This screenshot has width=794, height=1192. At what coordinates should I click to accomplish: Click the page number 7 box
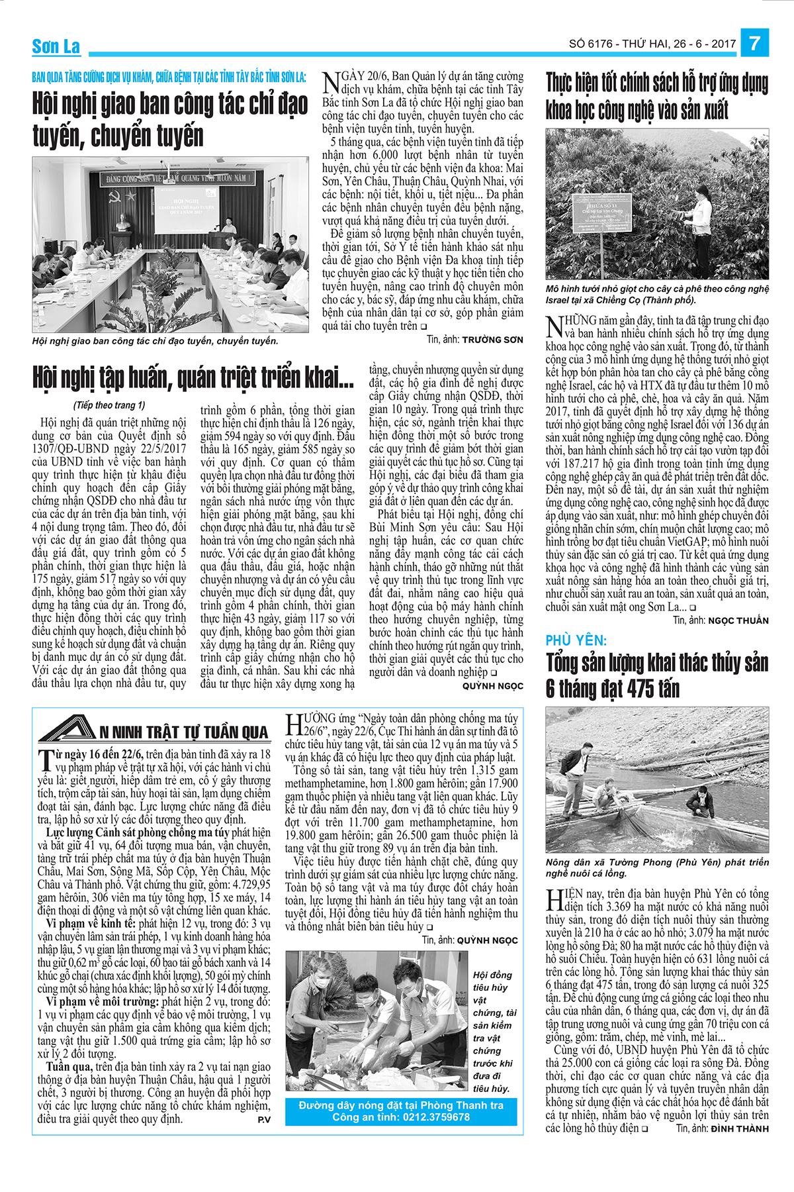pos(754,44)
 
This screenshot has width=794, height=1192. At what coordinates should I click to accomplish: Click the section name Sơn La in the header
pos(56,46)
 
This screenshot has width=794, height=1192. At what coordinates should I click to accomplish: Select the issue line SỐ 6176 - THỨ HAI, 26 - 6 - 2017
pos(652,44)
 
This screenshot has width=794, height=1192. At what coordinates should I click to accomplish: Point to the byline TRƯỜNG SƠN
pos(492,340)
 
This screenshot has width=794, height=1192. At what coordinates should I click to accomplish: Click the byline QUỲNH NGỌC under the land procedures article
pos(492,686)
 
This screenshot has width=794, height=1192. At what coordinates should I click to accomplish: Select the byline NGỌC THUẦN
pos(738,621)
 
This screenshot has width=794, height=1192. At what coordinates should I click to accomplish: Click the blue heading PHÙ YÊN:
pos(576,640)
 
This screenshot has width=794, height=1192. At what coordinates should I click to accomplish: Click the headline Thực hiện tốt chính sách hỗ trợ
pos(656,97)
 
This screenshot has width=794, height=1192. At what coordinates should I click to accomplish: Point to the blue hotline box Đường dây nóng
pos(401,1111)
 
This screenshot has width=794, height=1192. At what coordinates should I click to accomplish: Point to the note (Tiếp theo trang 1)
pos(109,405)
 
